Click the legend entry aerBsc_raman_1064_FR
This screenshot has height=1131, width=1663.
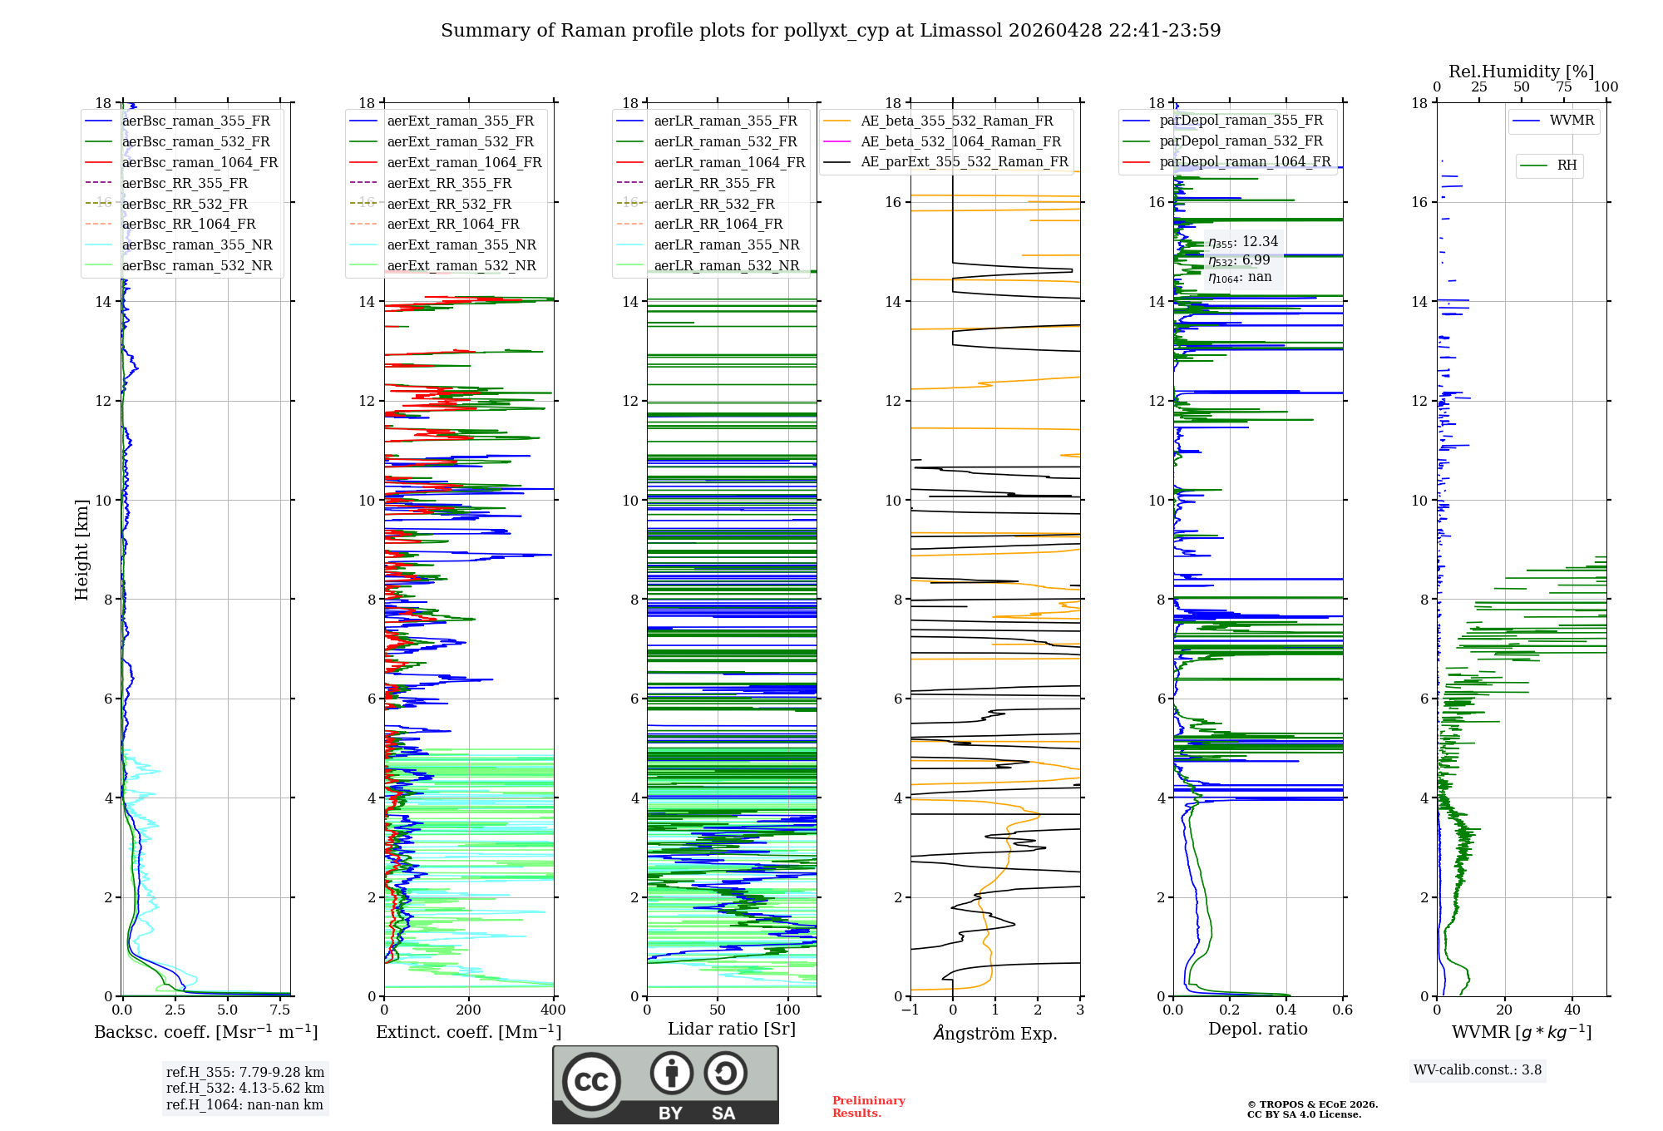point(200,162)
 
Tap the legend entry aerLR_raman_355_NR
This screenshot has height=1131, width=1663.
point(726,244)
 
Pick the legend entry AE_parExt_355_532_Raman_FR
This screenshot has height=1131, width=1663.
point(964,161)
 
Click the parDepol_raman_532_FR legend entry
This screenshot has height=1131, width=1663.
point(1241,141)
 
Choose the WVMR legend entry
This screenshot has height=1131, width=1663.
point(1572,121)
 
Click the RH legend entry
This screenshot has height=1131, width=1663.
point(1567,165)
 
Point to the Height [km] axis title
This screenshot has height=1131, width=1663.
point(81,549)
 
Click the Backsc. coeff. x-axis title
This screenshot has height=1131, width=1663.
point(205,1032)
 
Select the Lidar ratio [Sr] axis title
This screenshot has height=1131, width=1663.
point(731,1029)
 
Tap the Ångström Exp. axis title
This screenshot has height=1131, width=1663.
point(994,1033)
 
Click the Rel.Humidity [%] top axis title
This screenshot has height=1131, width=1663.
point(1521,72)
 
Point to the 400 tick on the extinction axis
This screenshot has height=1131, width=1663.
point(553,1010)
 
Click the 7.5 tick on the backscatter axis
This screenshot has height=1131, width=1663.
point(280,1010)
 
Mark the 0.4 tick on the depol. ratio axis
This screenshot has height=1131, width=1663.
point(1286,1010)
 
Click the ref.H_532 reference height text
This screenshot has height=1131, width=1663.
point(244,1088)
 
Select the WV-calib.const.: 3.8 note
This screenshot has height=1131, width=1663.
point(1477,1070)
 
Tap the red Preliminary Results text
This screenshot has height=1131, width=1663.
point(868,1107)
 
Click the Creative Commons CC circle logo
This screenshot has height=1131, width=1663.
point(591,1082)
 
